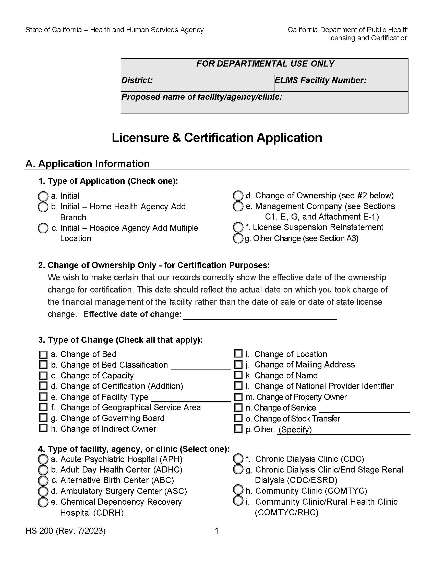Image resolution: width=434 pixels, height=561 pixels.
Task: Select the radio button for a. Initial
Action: coord(43,196)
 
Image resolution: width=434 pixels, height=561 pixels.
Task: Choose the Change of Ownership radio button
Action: coord(238,196)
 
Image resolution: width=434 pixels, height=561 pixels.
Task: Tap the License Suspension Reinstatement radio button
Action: coord(238,227)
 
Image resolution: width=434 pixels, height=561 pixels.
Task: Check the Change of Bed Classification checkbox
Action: coord(43,365)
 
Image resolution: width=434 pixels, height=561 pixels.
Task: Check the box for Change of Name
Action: coord(238,375)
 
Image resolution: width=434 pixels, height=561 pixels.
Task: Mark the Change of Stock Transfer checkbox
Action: coord(238,418)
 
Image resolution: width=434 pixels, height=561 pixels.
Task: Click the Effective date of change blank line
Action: coord(260,315)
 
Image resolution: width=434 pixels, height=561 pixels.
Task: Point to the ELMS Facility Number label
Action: coord(320,80)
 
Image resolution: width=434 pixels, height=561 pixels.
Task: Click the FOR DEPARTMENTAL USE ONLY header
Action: coord(265,64)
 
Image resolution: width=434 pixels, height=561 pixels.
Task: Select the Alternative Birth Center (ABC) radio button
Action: coord(43,481)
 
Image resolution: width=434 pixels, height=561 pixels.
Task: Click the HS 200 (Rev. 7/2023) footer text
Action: coord(66,531)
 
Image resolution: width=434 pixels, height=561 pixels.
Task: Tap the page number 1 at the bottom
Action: coord(216,531)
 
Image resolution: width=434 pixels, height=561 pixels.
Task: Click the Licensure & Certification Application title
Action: coord(217,138)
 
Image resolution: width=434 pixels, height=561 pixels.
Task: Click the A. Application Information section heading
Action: coord(87,164)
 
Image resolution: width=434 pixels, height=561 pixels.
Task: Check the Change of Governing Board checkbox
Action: coord(43,418)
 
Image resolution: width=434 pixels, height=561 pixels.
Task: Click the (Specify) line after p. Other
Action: coord(343,430)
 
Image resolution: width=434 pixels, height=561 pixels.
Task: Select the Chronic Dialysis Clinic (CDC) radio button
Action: coord(238,458)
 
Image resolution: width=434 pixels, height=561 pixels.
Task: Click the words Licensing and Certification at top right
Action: coord(366,38)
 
